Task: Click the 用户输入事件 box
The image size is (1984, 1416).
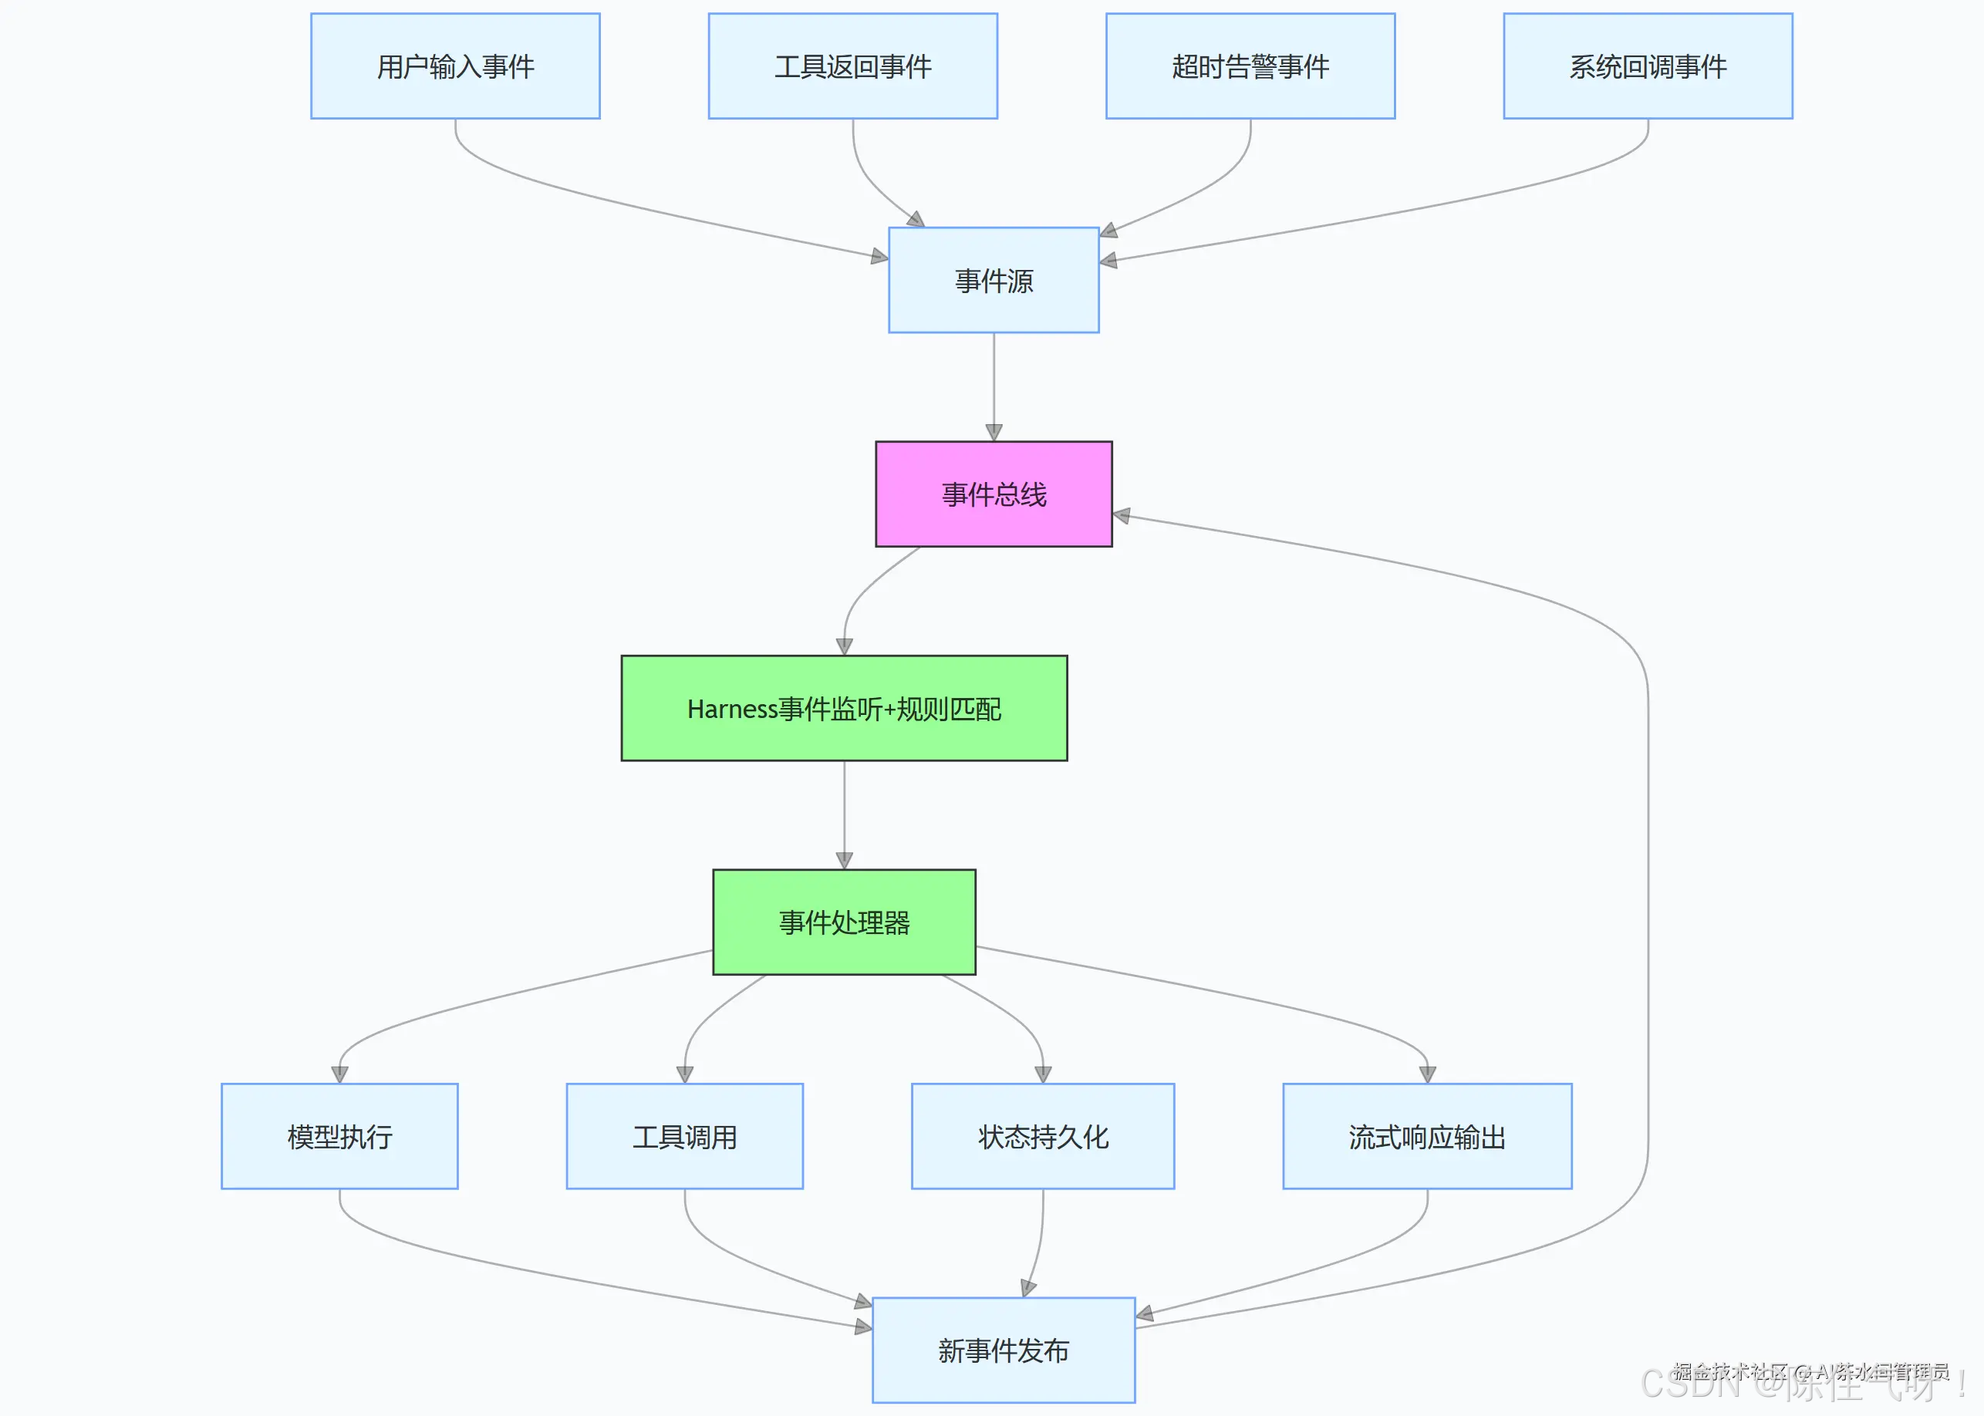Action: (455, 66)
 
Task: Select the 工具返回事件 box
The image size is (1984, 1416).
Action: (852, 66)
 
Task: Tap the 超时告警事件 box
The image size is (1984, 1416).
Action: (1250, 66)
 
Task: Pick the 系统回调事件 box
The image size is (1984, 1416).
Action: (1648, 66)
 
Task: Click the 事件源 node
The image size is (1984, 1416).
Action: (994, 280)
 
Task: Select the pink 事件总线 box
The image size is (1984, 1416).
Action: (994, 494)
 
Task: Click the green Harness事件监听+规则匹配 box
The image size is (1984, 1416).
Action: (843, 708)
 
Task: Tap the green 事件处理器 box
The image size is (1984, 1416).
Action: (843, 922)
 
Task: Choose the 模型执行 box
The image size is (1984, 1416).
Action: (339, 1136)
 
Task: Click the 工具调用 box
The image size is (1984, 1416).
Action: (684, 1136)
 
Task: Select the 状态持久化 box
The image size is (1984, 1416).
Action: (1042, 1136)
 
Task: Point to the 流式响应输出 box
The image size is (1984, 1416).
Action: (1427, 1136)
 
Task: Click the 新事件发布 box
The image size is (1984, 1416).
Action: (1003, 1350)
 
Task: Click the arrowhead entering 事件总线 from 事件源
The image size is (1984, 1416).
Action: (994, 433)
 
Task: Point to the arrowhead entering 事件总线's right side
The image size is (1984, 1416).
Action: (1122, 515)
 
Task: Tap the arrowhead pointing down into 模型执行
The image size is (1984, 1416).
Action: (339, 1074)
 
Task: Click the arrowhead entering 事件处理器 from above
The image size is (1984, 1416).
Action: (843, 861)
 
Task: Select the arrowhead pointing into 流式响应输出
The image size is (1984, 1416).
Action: (1427, 1074)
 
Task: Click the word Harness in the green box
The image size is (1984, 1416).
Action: (731, 709)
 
